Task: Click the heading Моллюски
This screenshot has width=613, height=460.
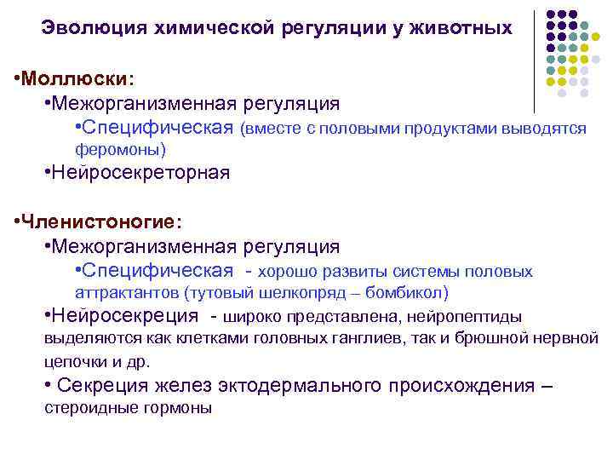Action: [x=77, y=78]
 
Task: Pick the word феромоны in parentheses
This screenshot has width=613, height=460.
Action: [x=118, y=149]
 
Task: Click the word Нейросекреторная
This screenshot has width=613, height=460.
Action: [x=140, y=173]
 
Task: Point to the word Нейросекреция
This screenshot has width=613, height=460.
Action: [x=124, y=316]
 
